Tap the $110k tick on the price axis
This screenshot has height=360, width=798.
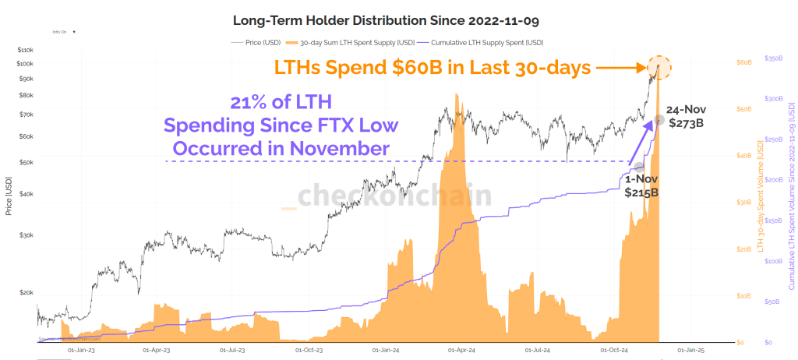(x=26, y=49)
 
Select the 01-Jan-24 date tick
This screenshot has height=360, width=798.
(x=387, y=351)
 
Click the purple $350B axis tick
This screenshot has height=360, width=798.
(x=773, y=58)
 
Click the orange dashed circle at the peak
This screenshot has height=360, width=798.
(x=659, y=68)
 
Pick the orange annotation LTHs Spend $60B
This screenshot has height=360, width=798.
(x=431, y=68)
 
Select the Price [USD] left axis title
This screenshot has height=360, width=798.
(x=9, y=195)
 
